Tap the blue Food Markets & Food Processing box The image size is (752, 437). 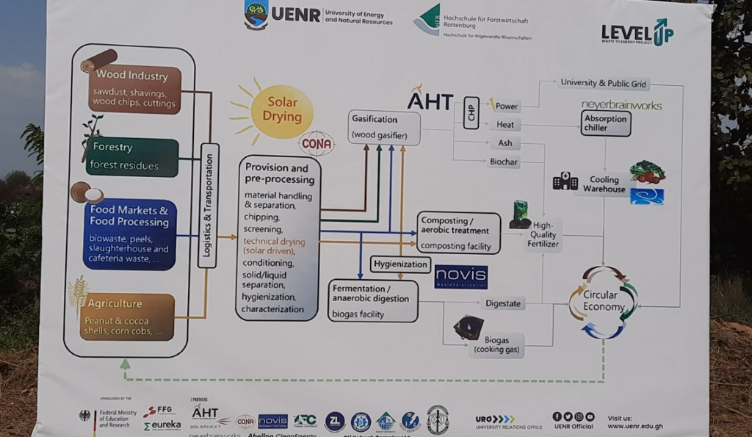pos(129,234)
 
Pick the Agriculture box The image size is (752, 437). pos(127,317)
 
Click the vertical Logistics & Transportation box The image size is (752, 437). pos(208,205)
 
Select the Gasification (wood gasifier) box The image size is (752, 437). pos(384,126)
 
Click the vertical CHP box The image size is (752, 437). pos(471,112)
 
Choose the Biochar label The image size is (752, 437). pos(504,162)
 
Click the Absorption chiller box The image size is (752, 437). pos(606,123)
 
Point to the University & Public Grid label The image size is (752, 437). pos(604,83)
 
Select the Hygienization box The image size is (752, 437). pos(400,264)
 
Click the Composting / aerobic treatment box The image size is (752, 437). pos(458,233)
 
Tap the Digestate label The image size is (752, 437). pos(503,303)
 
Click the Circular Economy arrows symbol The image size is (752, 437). pos(604,302)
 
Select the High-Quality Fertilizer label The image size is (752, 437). pos(543,234)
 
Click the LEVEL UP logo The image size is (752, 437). pos(637,32)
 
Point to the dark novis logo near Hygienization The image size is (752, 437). pos(460,276)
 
